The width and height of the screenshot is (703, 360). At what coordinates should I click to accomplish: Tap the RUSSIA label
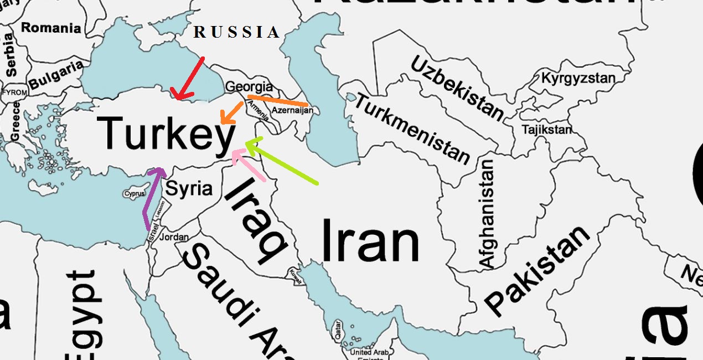(x=237, y=33)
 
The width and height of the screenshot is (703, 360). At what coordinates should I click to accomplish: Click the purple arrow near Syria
(x=152, y=197)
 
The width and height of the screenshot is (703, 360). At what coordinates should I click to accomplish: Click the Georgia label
(x=249, y=87)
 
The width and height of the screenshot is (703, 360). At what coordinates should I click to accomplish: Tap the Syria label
(x=189, y=189)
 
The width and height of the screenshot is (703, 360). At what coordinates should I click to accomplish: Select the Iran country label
(x=370, y=241)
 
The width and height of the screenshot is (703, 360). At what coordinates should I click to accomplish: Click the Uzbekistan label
(x=457, y=88)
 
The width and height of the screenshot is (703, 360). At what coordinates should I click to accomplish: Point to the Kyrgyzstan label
(x=578, y=78)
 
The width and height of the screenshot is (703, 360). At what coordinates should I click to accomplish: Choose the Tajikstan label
(x=547, y=130)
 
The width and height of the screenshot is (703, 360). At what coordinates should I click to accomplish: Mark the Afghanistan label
(x=487, y=214)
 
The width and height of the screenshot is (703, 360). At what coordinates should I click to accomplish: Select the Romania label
(x=51, y=28)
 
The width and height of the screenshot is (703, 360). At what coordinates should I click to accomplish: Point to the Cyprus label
(x=134, y=194)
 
